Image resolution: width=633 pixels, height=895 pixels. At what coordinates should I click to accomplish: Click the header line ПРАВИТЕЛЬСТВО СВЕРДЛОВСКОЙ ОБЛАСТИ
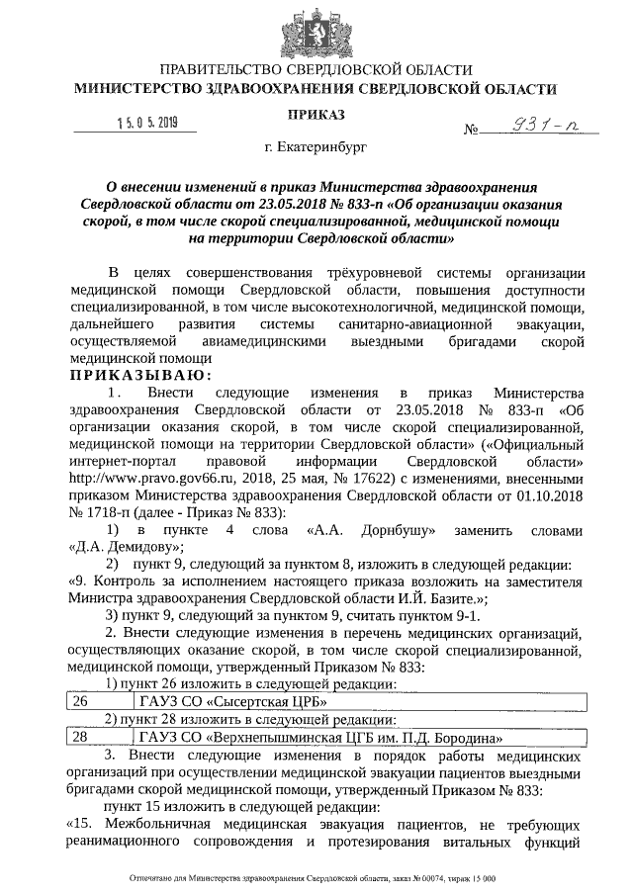tap(316, 69)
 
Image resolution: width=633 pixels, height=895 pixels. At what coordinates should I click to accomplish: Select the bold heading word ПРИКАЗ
tap(316, 116)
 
